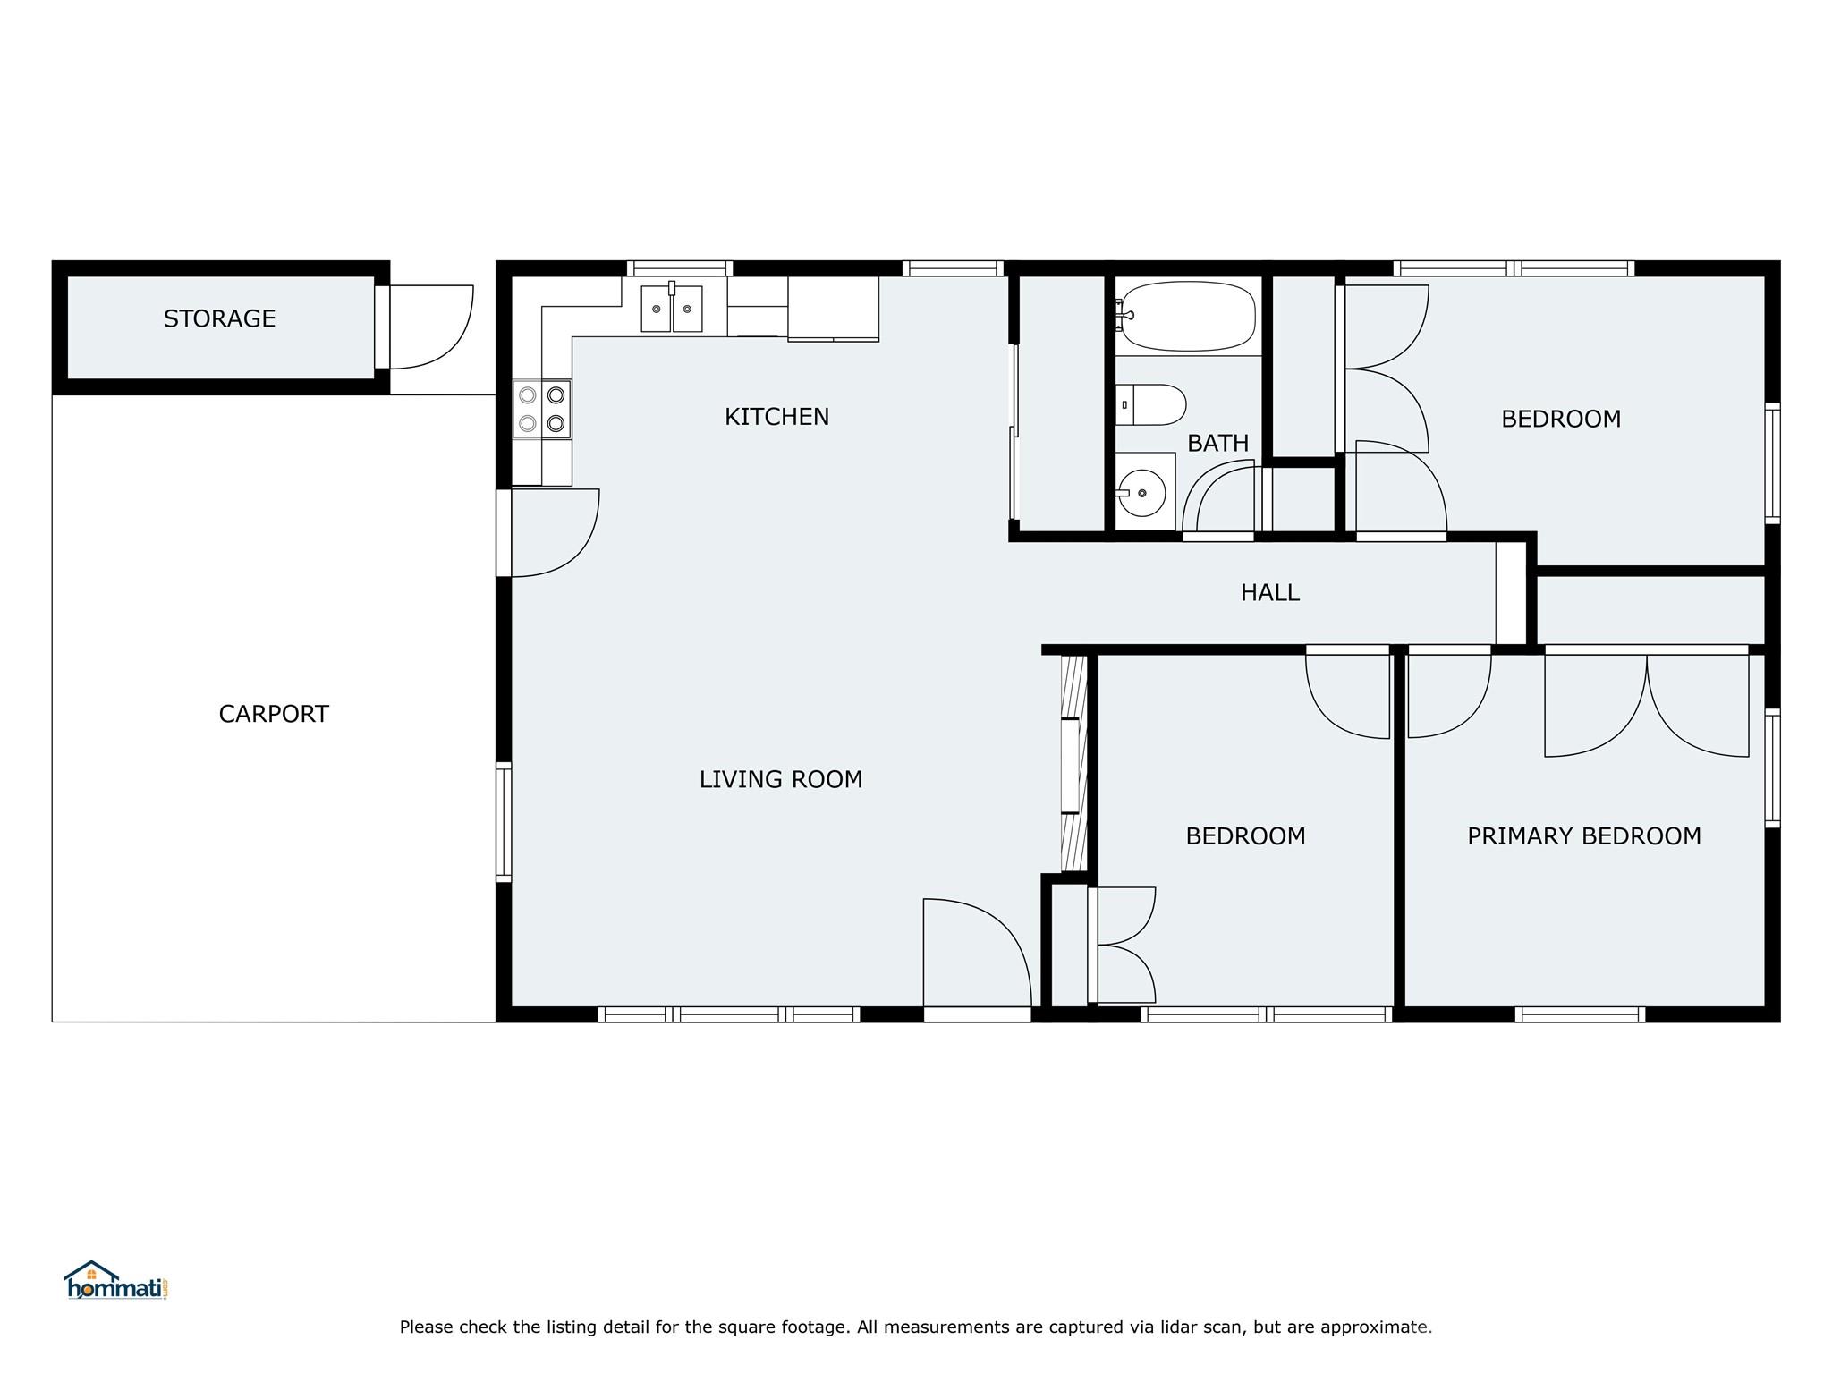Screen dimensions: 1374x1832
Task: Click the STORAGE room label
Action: (219, 318)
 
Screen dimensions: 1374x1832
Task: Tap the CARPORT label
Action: (274, 714)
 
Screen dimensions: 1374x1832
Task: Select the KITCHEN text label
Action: (776, 417)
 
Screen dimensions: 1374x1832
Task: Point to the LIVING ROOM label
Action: (780, 779)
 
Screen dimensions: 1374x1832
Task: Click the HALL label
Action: (1269, 592)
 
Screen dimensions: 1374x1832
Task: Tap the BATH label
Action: (1217, 443)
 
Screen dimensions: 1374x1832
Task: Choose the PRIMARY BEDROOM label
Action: (1583, 836)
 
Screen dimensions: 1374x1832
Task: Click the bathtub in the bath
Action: (1188, 316)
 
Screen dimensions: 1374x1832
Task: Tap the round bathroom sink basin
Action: (1141, 493)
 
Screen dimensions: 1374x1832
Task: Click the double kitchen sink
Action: (672, 309)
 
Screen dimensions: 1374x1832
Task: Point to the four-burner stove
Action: (541, 409)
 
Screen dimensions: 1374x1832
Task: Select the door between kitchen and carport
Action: (550, 532)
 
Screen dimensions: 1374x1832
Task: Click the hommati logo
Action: (116, 1281)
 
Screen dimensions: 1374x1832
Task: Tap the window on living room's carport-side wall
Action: (504, 822)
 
